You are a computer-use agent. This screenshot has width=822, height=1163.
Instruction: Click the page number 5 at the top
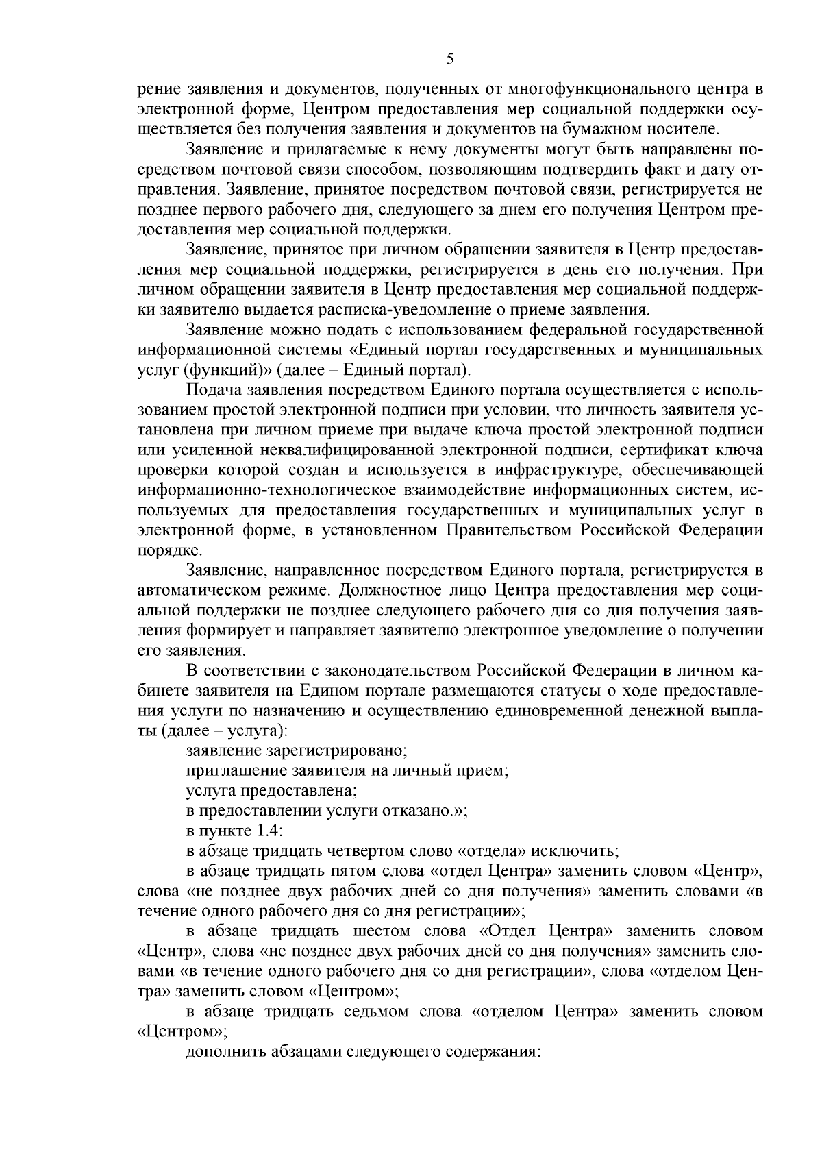449,59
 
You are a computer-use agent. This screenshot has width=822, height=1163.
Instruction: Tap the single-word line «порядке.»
160,550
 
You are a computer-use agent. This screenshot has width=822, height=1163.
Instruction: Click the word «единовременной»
568,709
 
